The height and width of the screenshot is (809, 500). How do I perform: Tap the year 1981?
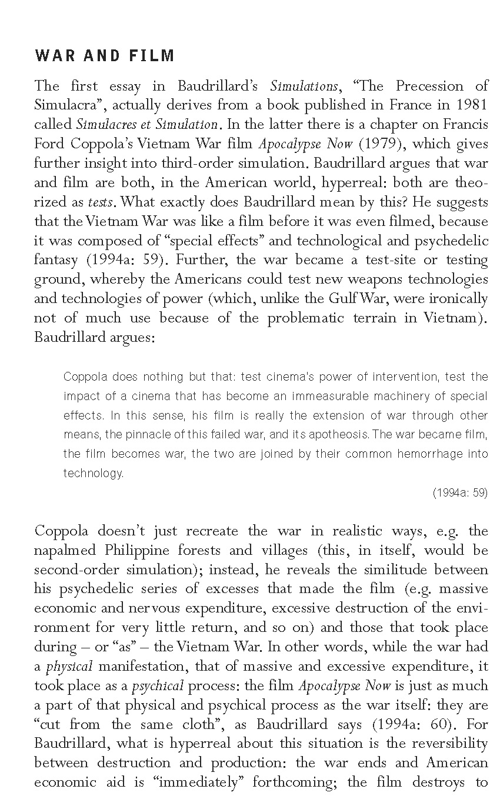468,105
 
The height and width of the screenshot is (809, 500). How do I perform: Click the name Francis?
464,125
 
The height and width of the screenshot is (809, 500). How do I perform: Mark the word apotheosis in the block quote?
337,435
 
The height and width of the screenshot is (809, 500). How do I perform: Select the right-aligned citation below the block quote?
460,493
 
